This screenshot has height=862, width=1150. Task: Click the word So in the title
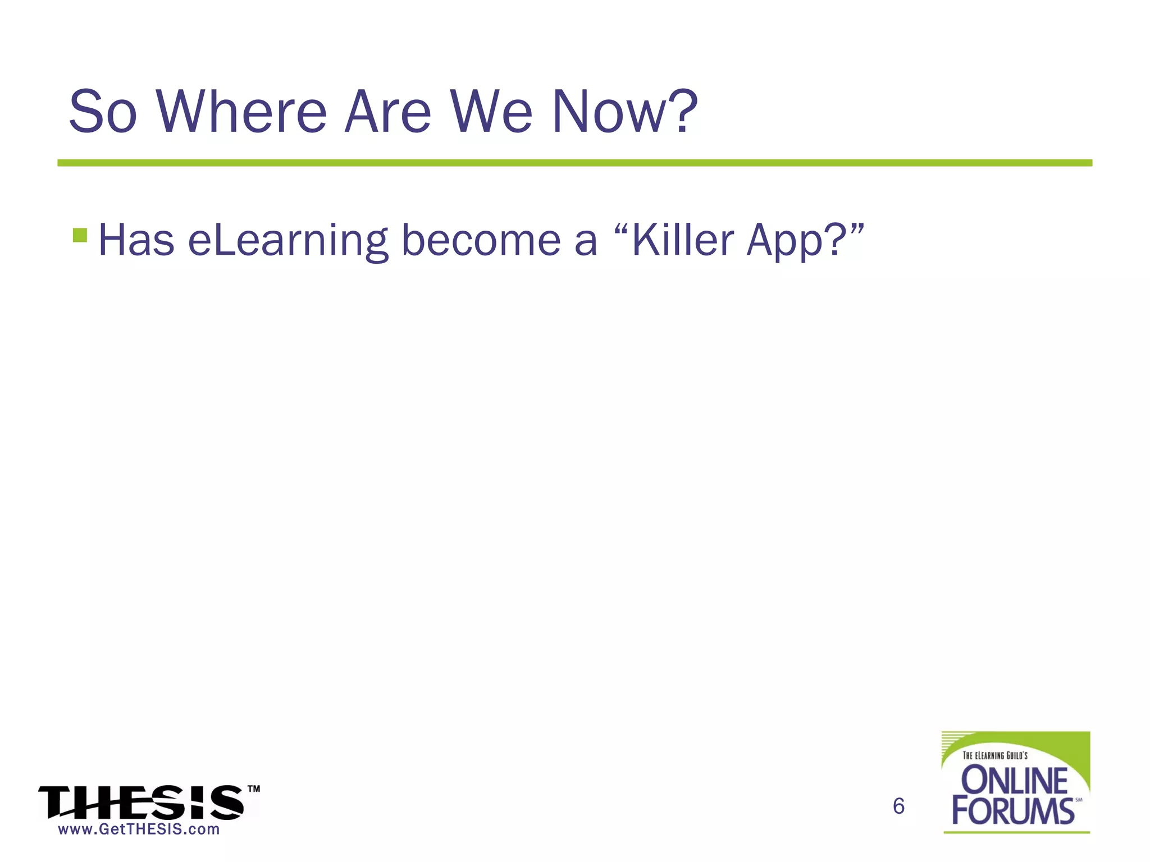pyautogui.click(x=103, y=112)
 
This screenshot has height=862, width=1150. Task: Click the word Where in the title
pyautogui.click(x=241, y=112)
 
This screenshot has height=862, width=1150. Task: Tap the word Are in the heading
pyautogui.click(x=388, y=112)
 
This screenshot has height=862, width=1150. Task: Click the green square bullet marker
pyautogui.click(x=80, y=235)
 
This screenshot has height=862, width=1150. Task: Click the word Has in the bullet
pyautogui.click(x=136, y=241)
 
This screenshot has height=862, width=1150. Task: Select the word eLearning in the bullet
pyautogui.click(x=288, y=241)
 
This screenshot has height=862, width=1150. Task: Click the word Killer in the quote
pyautogui.click(x=683, y=241)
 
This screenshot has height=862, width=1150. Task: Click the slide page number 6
pyautogui.click(x=898, y=806)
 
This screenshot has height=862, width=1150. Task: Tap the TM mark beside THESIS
pyautogui.click(x=254, y=789)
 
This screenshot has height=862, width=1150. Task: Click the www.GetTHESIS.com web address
pyautogui.click(x=139, y=829)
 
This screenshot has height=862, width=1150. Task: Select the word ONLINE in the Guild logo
pyautogui.click(x=1015, y=781)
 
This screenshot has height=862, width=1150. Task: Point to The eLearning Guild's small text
pyautogui.click(x=995, y=755)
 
